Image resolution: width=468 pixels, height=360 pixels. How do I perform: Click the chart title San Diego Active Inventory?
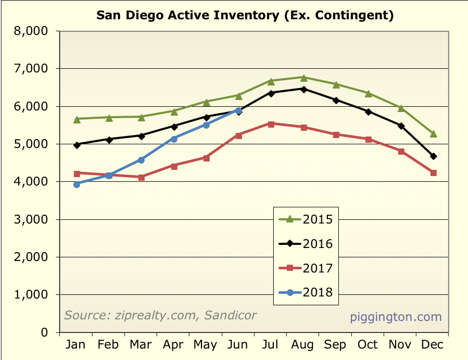[x=245, y=15]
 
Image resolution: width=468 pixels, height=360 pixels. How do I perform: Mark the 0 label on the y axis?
[x=45, y=332]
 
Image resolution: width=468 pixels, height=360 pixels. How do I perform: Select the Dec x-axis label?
[x=433, y=345]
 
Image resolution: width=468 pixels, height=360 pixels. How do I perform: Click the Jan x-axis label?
[x=77, y=345]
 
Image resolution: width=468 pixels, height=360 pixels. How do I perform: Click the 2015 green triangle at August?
[x=304, y=77]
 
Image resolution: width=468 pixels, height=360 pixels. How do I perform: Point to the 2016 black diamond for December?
[x=433, y=156]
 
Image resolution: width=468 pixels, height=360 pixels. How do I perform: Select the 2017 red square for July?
[x=271, y=124]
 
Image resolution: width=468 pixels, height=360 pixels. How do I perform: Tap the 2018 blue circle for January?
[x=77, y=184]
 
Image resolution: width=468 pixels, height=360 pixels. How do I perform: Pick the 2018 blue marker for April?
[x=174, y=139]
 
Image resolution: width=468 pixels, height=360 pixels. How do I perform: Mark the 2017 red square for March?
[x=141, y=177]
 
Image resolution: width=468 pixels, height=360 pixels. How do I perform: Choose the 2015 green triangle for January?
[x=77, y=119]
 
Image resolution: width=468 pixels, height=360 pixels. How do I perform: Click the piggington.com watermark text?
[x=396, y=316]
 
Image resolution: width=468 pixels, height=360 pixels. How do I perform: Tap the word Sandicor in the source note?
[x=232, y=315]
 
